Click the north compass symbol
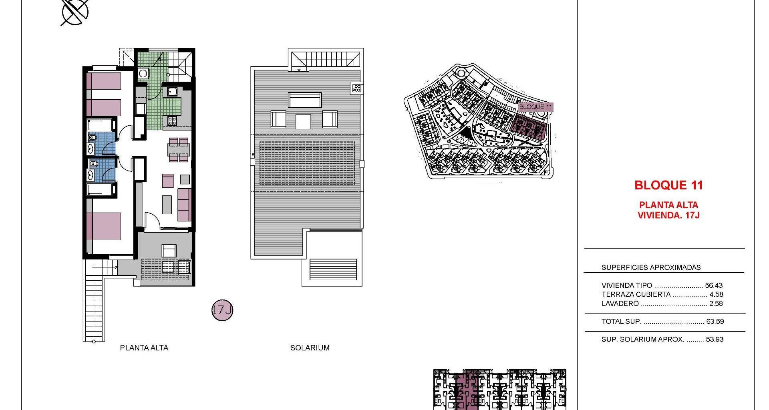pyautogui.click(x=75, y=11)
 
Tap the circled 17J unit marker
pyautogui.click(x=222, y=310)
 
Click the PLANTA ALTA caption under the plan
pyautogui.click(x=144, y=348)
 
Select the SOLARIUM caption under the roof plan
pyautogui.click(x=310, y=348)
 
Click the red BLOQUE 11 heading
pyautogui.click(x=668, y=185)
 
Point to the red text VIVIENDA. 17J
pyautogui.click(x=668, y=215)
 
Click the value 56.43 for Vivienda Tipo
pyautogui.click(x=714, y=285)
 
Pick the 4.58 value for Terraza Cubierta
pyautogui.click(x=716, y=294)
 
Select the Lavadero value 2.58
pyautogui.click(x=716, y=303)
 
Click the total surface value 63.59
pyautogui.click(x=715, y=321)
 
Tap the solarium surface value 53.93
pyautogui.click(x=715, y=339)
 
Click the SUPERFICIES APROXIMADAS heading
pyautogui.click(x=651, y=267)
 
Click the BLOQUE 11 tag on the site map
pyautogui.click(x=535, y=107)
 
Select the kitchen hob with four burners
pyautogui.click(x=172, y=121)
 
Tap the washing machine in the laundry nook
pyautogui.click(x=143, y=74)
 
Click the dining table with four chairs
pyautogui.click(x=179, y=150)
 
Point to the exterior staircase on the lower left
pyautogui.click(x=95, y=301)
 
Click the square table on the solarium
pyautogui.click(x=303, y=121)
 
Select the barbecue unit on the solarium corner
pyautogui.click(x=357, y=88)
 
